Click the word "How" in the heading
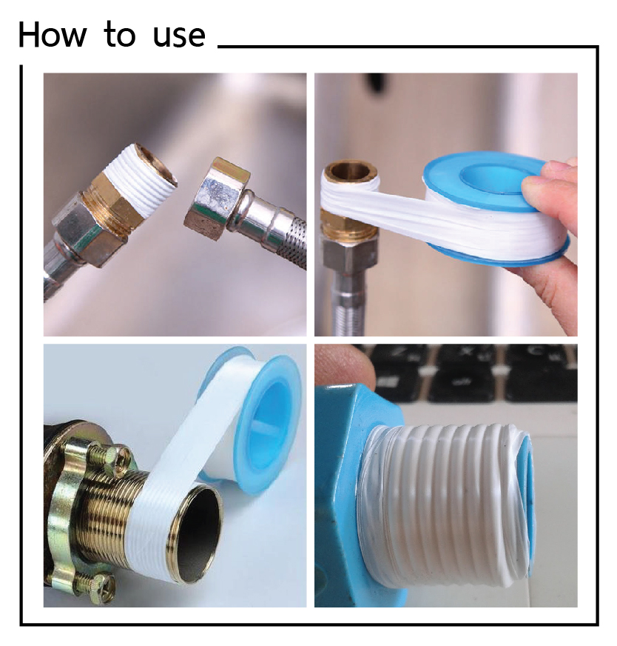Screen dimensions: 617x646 click(x=53, y=35)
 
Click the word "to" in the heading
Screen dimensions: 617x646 click(x=120, y=34)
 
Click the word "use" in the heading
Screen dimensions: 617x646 click(x=179, y=37)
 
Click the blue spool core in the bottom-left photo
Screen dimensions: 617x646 click(x=268, y=424)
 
